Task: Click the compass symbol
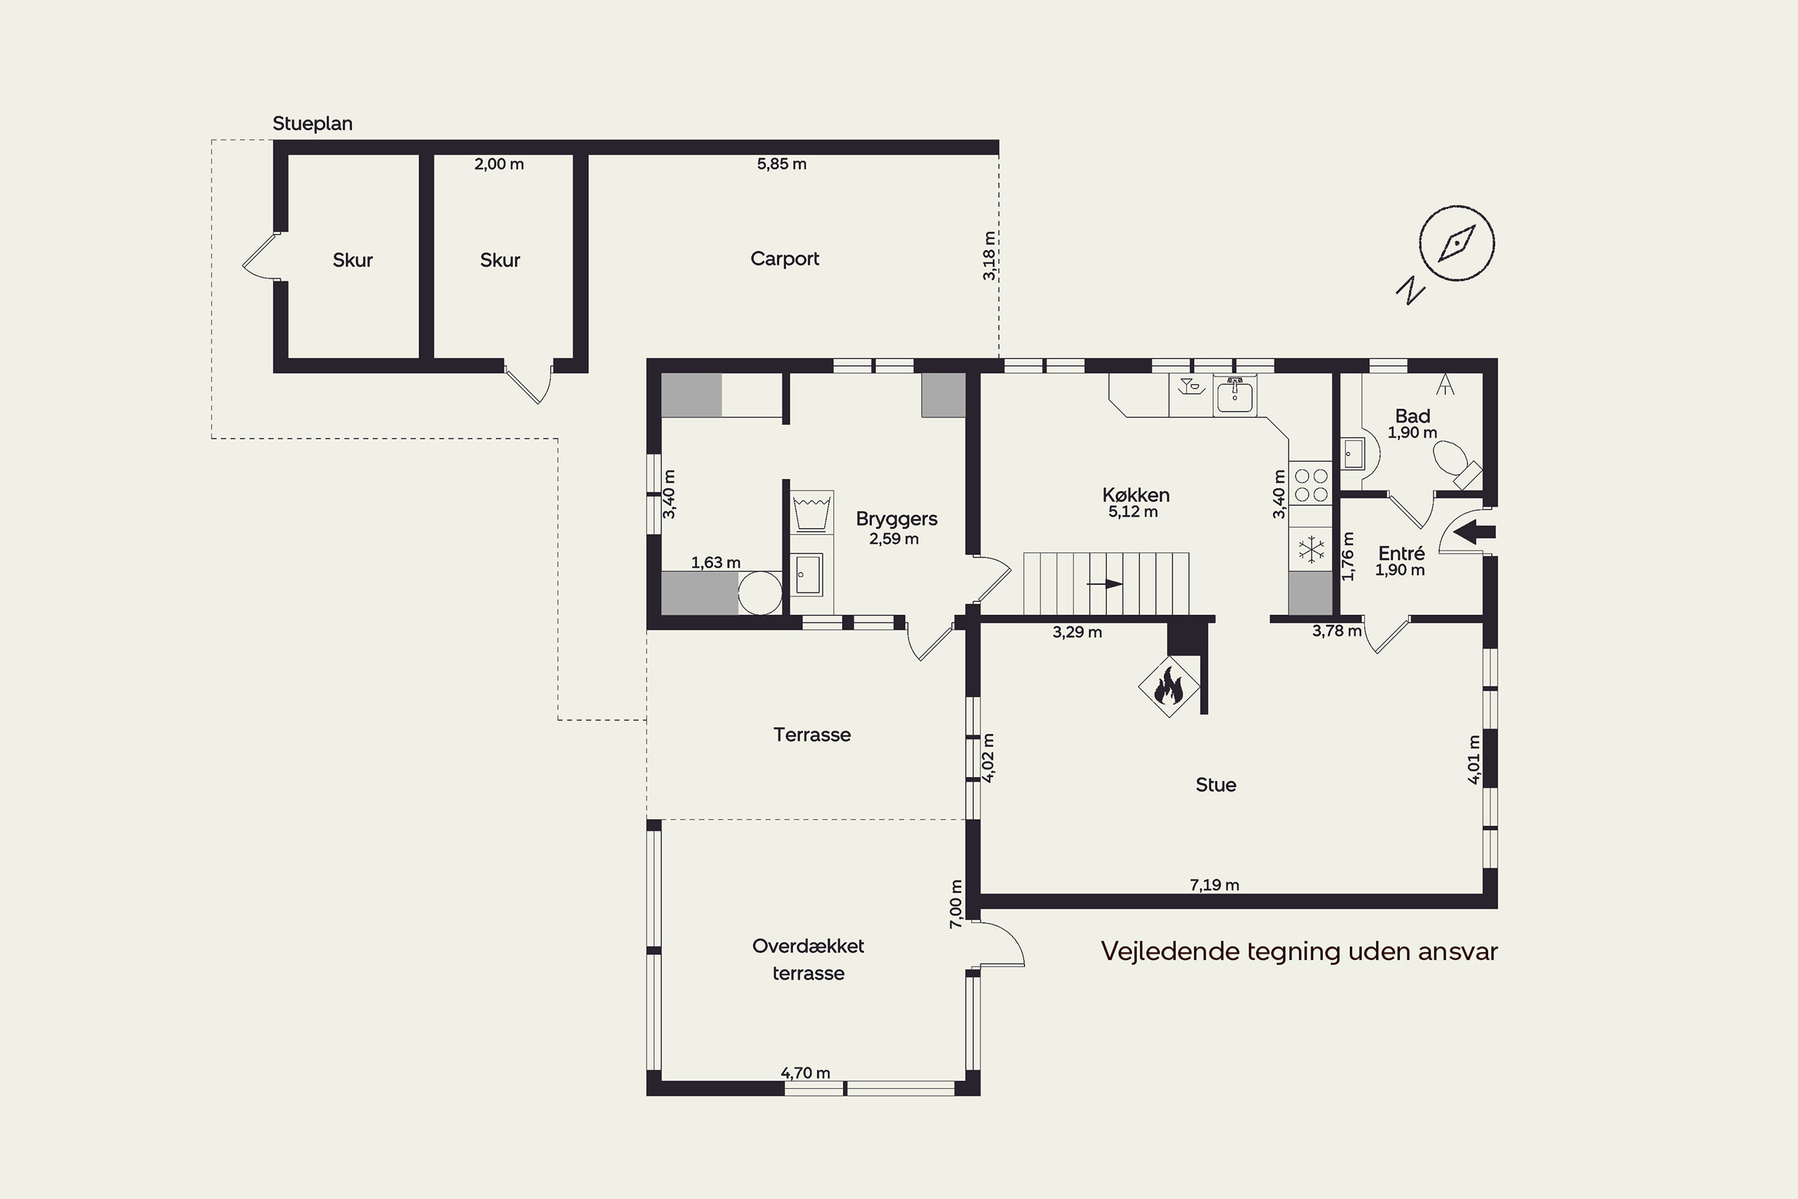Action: point(1456,243)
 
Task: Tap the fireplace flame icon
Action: point(1169,685)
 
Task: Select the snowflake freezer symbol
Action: point(1312,549)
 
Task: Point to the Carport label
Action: point(785,259)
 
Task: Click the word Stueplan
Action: point(313,124)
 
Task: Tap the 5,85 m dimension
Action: point(782,164)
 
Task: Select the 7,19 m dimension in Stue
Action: point(1214,885)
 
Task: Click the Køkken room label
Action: point(1136,495)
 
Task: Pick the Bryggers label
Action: point(897,519)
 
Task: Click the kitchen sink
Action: point(1235,397)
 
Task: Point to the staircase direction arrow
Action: point(1105,584)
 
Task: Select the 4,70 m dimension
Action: point(805,1073)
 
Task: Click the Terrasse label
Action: point(812,735)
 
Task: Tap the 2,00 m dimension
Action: point(499,164)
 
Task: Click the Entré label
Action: point(1401,553)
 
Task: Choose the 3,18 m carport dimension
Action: point(989,255)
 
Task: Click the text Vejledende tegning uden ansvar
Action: point(1299,951)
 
